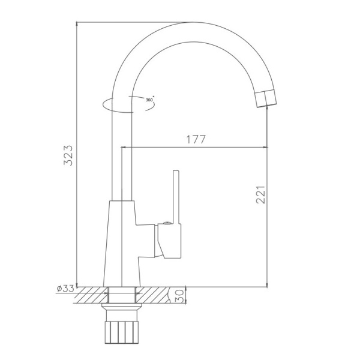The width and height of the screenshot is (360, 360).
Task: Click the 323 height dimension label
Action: click(68, 155)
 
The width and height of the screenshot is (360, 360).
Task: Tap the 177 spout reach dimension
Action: click(196, 139)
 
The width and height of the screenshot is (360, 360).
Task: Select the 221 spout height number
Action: click(260, 194)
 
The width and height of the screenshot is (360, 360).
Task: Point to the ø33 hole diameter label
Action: click(65, 289)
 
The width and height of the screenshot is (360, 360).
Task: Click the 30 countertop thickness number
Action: click(180, 296)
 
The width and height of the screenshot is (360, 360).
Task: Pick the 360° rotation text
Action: click(149, 100)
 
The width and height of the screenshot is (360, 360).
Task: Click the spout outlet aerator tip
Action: click(266, 99)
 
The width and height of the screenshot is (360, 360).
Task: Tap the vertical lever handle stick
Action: click(176, 197)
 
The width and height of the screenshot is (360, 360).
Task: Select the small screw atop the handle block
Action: click(167, 222)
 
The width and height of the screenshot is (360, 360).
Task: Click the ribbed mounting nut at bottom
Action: click(122, 332)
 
